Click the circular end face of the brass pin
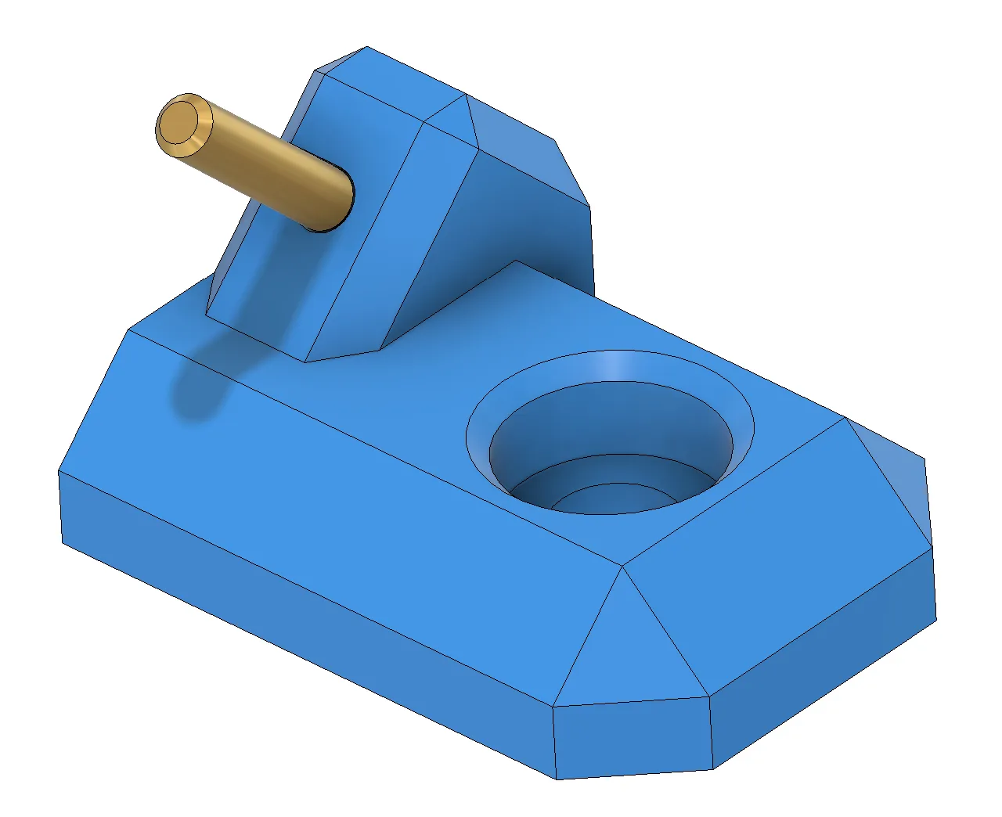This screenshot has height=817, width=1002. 183,125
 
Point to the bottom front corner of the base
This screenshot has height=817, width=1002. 557,778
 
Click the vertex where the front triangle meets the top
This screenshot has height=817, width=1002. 622,566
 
